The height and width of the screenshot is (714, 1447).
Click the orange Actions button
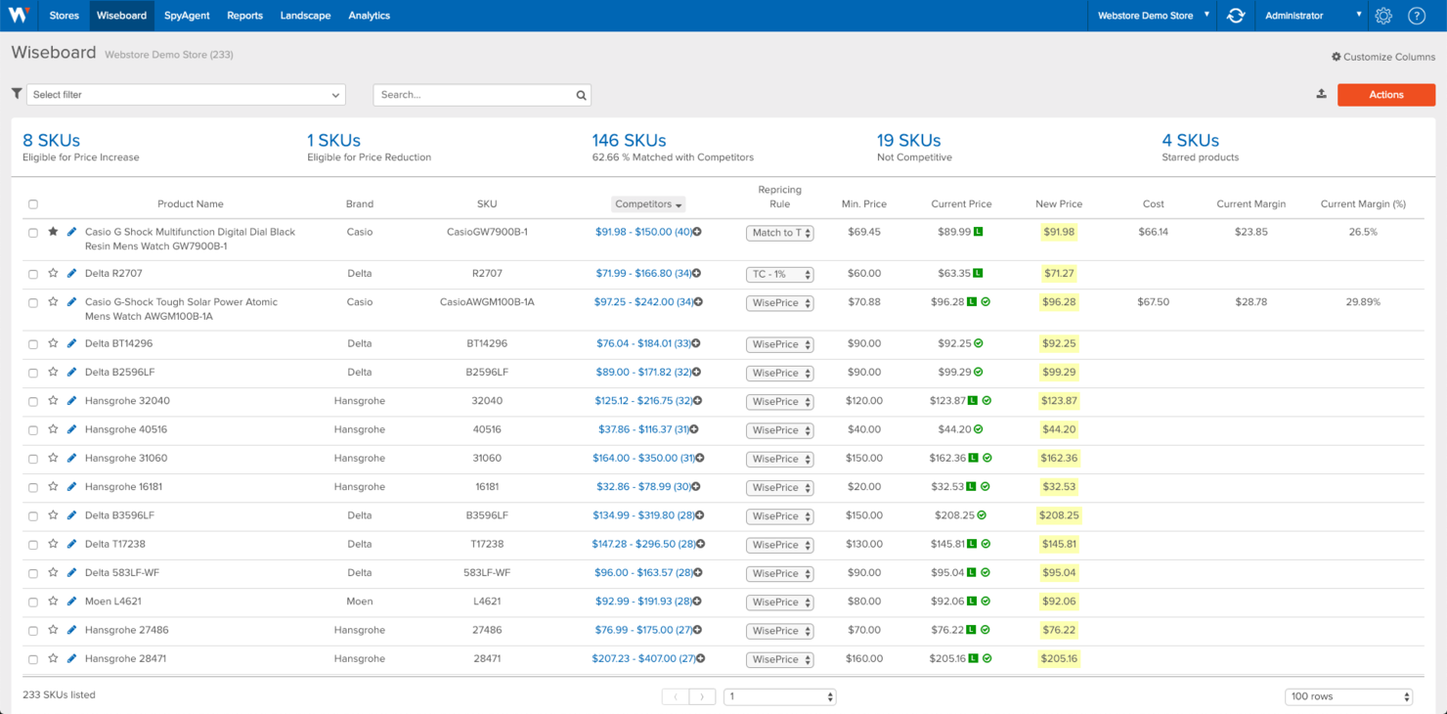[x=1385, y=95]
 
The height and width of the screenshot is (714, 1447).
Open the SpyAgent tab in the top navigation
[x=186, y=16]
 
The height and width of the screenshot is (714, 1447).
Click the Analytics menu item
[x=369, y=16]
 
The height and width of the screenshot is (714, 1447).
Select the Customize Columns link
[x=1383, y=57]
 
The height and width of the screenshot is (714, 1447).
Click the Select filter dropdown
[x=186, y=95]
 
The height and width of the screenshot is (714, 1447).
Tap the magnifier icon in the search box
[x=581, y=95]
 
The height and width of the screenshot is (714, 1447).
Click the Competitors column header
[x=648, y=204]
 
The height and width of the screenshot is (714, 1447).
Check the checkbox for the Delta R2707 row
[x=33, y=274]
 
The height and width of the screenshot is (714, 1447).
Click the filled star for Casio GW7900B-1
[x=53, y=232]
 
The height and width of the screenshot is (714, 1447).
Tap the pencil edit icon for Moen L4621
[x=71, y=602]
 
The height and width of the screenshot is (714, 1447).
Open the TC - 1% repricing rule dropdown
[x=779, y=274]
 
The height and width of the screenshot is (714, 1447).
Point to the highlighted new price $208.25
[x=1059, y=515]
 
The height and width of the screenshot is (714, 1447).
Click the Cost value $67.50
[x=1153, y=302]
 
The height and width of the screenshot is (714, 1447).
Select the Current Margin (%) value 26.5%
[x=1362, y=232]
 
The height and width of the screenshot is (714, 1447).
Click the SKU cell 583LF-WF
[x=487, y=573]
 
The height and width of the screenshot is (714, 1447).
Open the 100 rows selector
[x=1348, y=696]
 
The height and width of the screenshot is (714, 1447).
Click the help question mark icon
[x=1416, y=16]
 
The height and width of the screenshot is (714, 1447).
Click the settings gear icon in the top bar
[x=1382, y=16]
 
